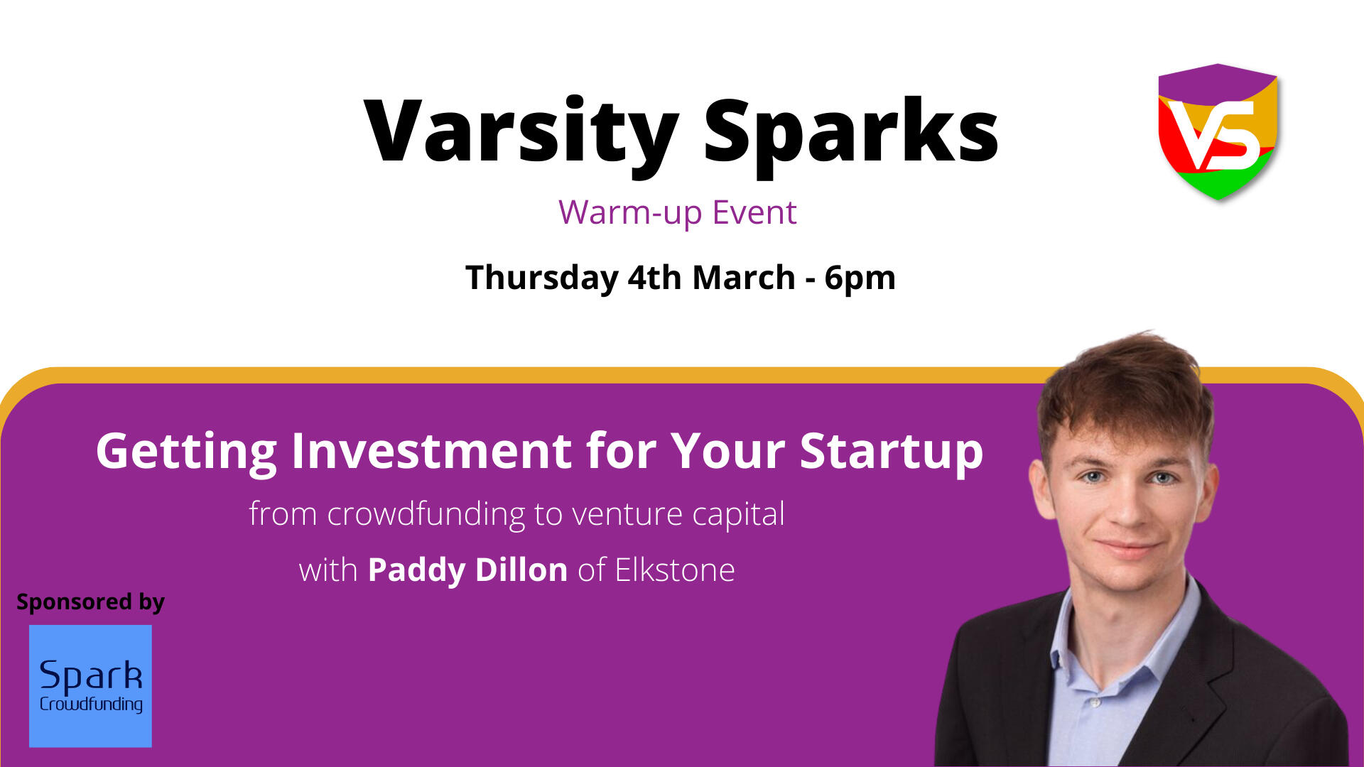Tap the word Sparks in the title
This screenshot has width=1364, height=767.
[851, 134]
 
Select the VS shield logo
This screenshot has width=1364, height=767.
[1218, 132]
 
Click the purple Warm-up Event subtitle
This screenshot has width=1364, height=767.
[678, 212]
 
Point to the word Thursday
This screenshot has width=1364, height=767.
[542, 278]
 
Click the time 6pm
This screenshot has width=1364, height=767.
[860, 278]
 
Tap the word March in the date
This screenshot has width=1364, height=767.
[744, 277]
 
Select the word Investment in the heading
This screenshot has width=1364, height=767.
[432, 451]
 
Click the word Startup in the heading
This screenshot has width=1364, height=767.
[892, 452]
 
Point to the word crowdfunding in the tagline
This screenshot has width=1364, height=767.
[426, 514]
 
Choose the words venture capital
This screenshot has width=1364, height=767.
[678, 515]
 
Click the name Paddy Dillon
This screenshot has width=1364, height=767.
[467, 570]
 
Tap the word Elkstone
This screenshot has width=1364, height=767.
[675, 570]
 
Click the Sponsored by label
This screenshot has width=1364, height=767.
[90, 602]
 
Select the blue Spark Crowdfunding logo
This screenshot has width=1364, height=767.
[90, 686]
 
